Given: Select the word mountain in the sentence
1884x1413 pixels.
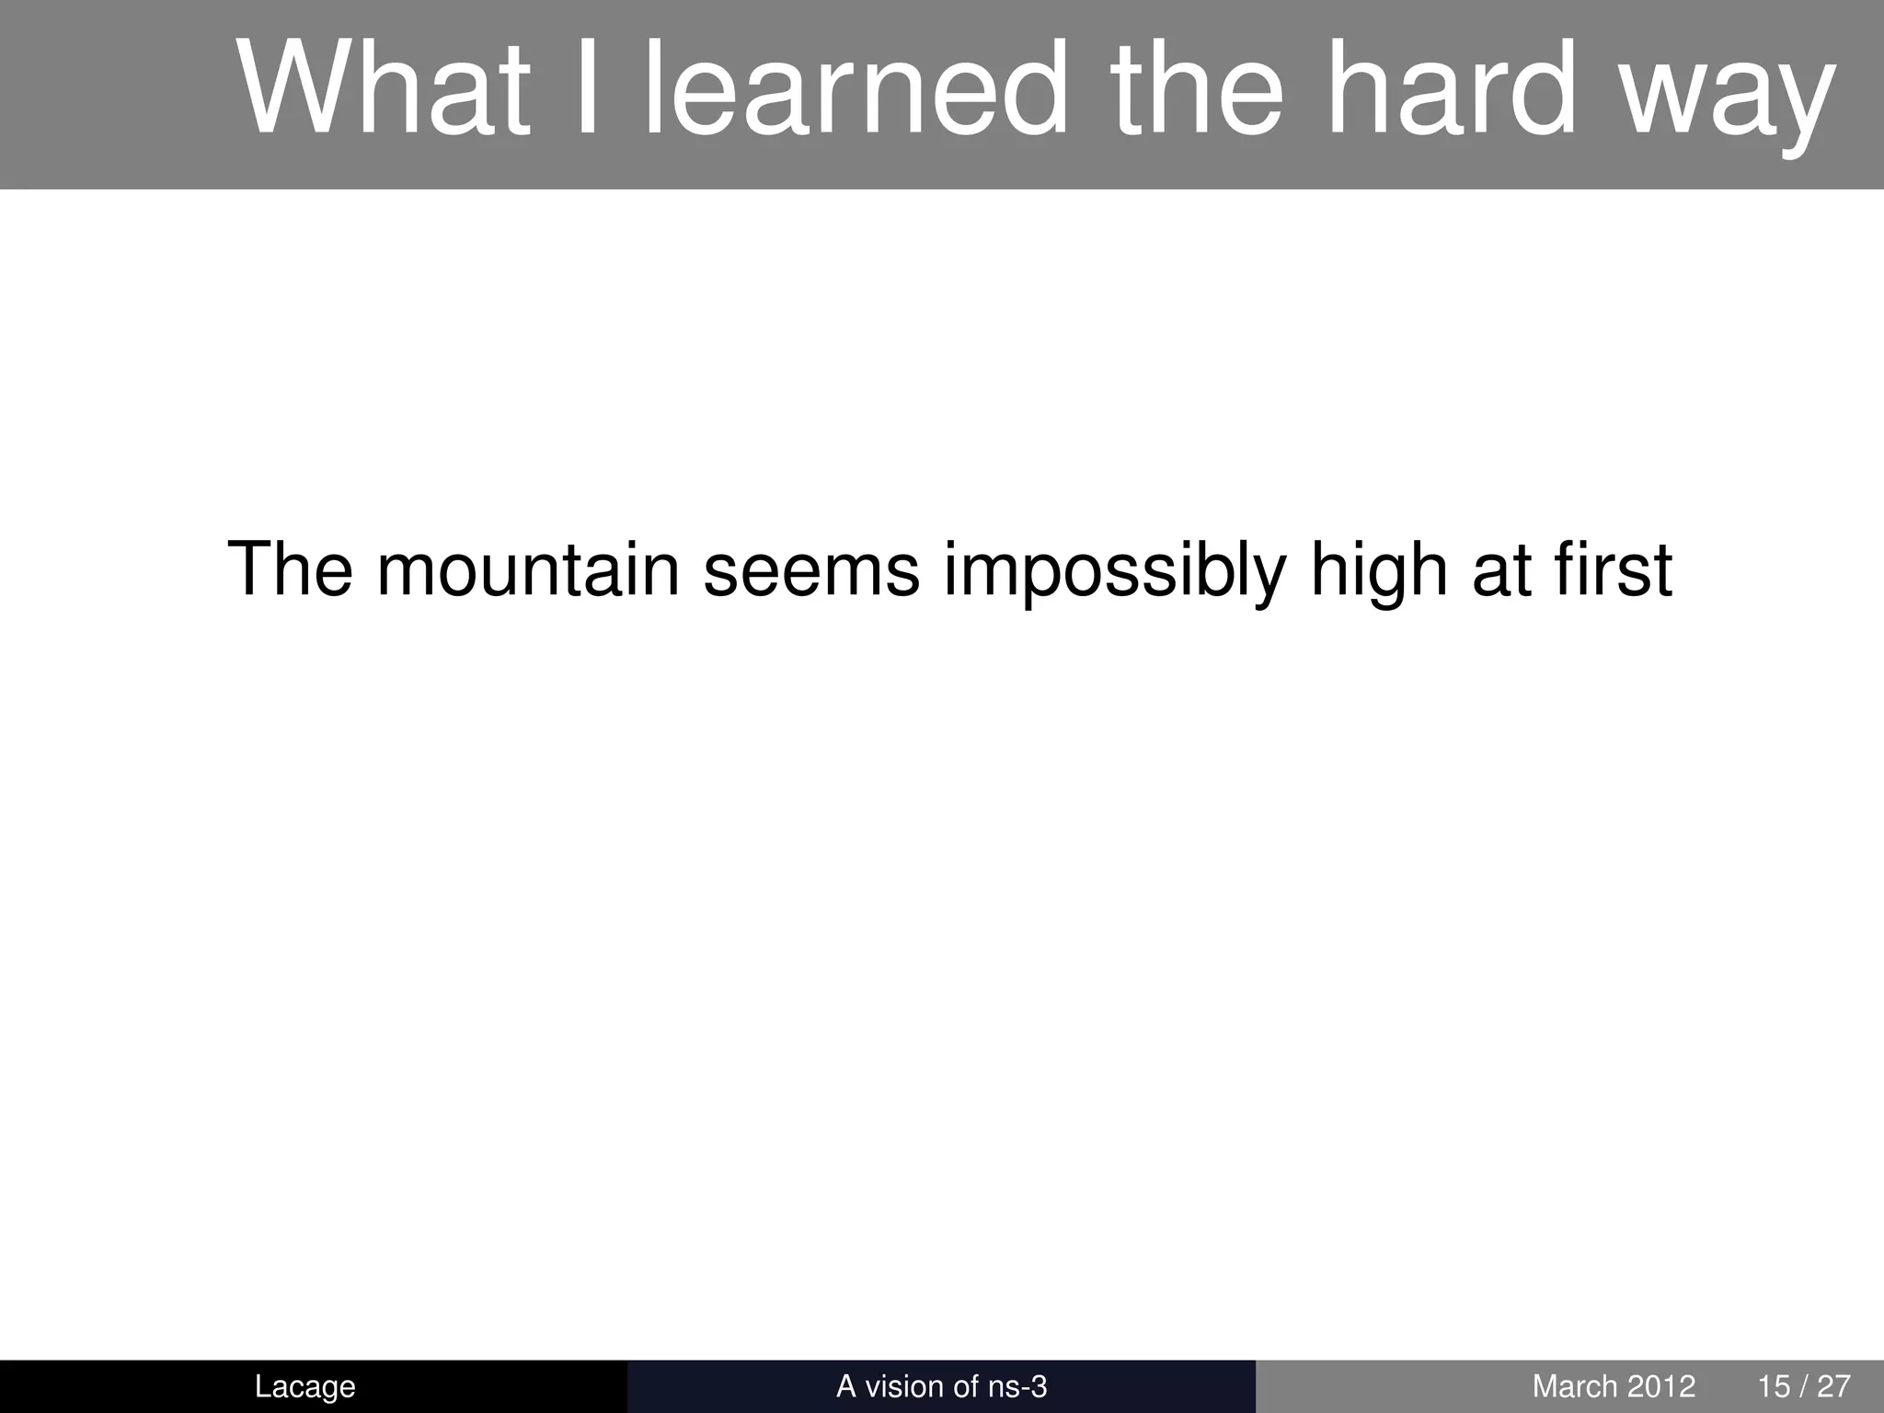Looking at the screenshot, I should pos(528,570).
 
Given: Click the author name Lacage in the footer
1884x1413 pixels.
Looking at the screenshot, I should pos(304,1386).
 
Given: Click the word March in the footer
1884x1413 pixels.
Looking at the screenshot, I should pos(1574,1386).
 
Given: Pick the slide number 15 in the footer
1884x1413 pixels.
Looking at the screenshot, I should pos(1773,1386).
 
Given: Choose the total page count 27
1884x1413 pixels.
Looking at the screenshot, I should pos(1833,1386).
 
